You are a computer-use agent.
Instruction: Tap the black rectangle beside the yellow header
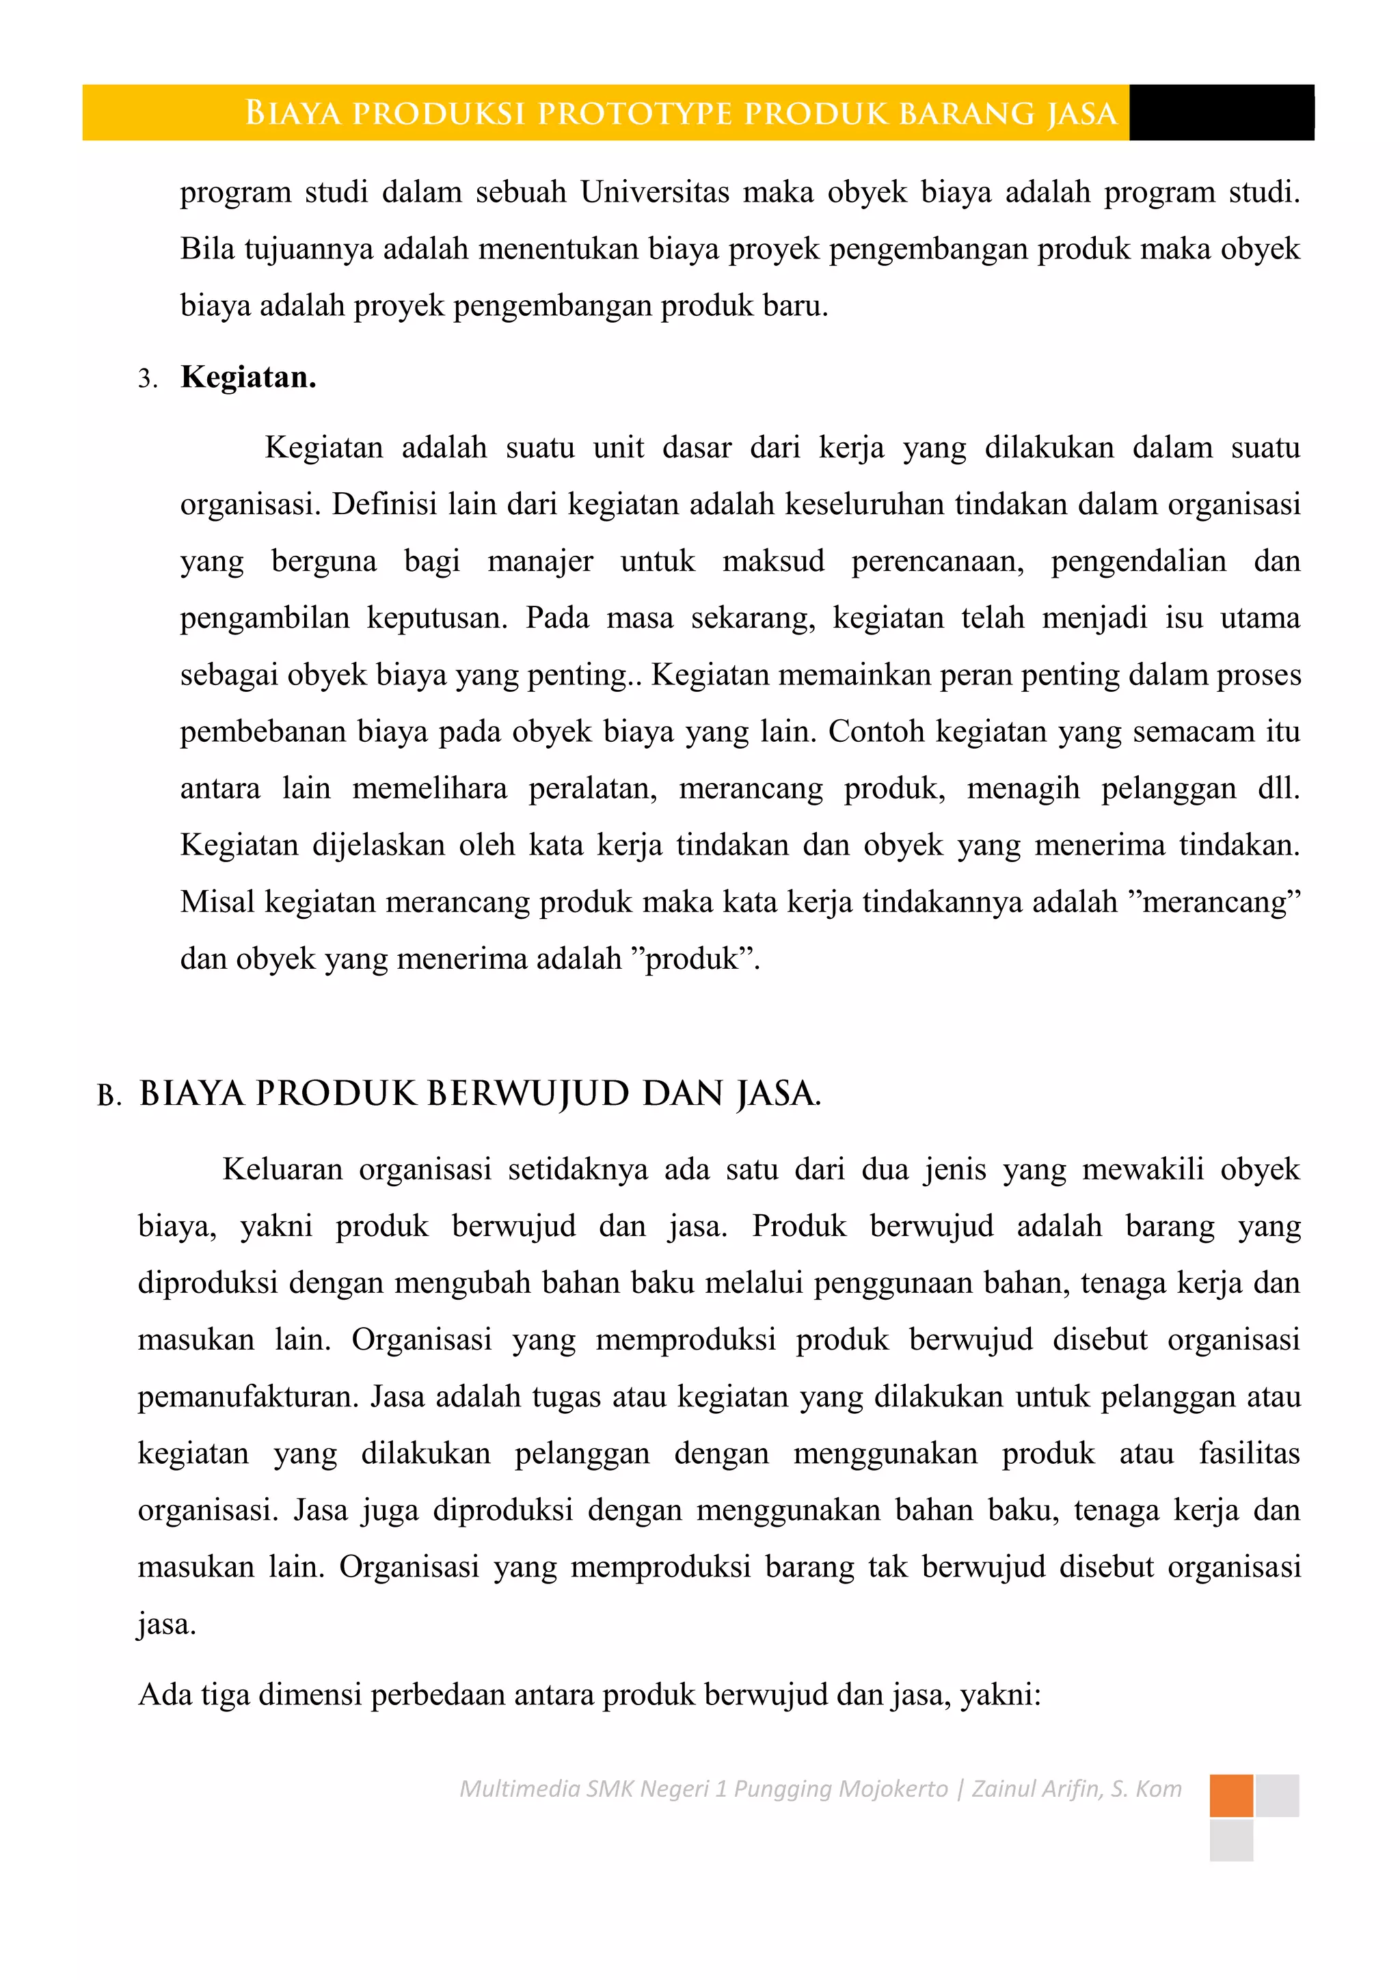1221,112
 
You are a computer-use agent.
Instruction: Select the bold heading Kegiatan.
248,377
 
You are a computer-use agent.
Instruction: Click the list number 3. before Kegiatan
148,379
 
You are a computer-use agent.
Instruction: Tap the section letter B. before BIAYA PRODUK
109,1096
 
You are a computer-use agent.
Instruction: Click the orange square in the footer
1231,1795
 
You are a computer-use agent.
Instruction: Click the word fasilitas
1249,1453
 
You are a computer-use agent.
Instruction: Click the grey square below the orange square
1231,1841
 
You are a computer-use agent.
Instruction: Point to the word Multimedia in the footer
520,1789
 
